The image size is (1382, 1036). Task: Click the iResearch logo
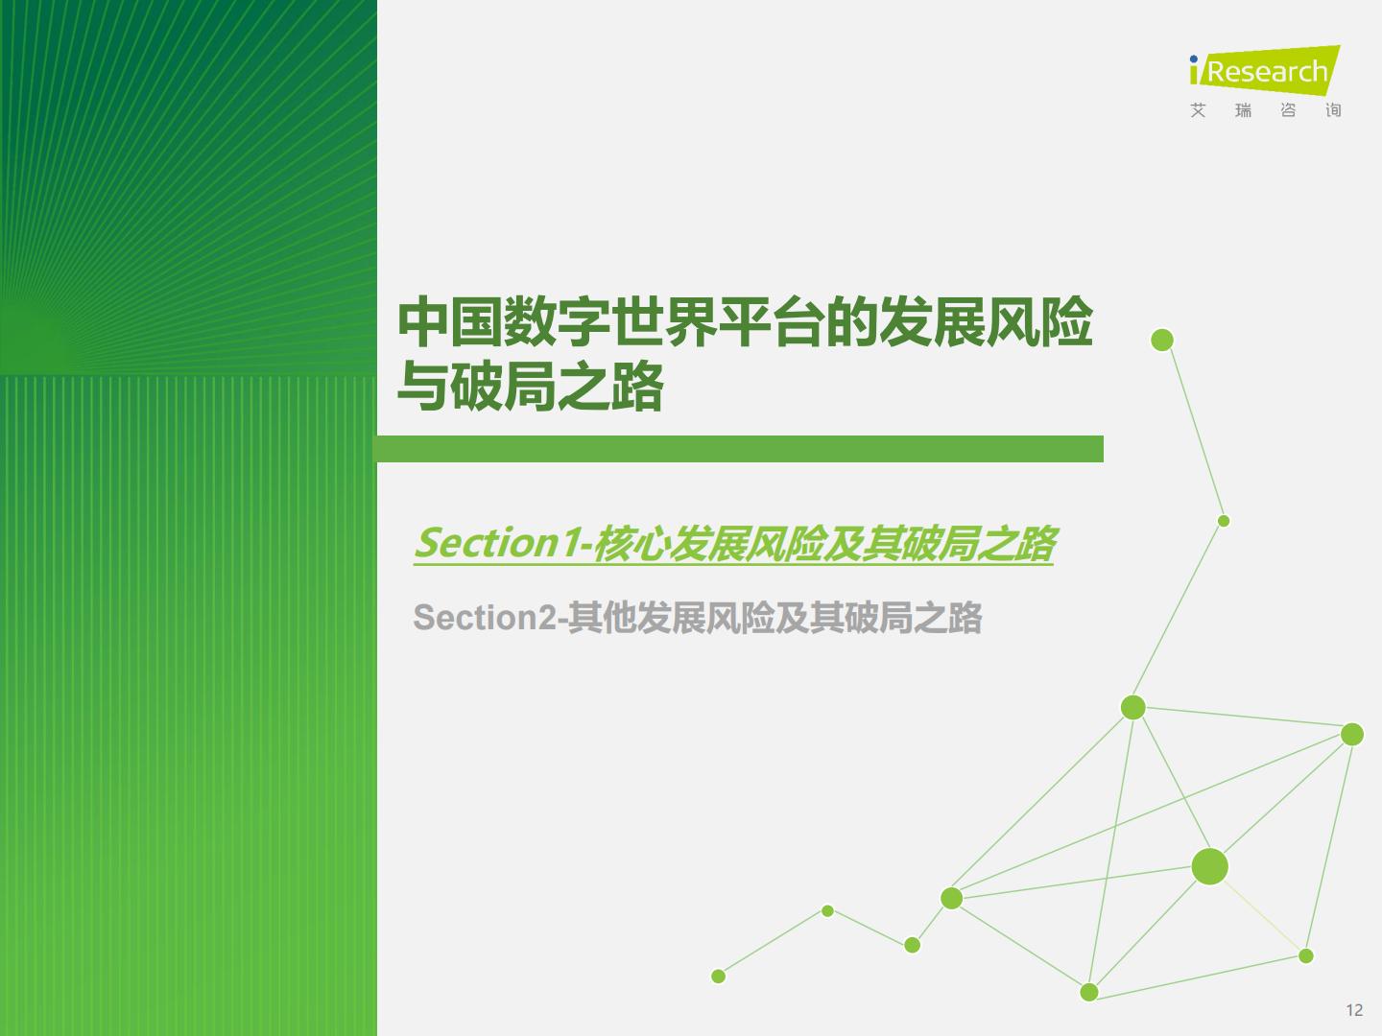(1265, 82)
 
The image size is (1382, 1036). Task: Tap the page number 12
(1354, 1010)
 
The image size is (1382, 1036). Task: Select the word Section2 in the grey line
(486, 617)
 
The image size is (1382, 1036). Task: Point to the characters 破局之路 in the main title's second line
(558, 386)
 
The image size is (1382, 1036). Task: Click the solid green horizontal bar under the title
(738, 449)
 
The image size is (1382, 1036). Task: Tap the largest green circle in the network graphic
(1209, 866)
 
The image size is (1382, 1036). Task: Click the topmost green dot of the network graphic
(1161, 340)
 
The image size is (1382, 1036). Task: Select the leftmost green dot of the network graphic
(719, 977)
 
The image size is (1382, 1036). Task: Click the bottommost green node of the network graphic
(1089, 992)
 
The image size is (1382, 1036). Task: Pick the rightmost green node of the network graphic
(1352, 734)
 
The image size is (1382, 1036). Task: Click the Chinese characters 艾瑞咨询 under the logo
(1266, 110)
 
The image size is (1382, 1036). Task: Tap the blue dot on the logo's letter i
(1194, 59)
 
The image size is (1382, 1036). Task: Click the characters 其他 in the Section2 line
(602, 617)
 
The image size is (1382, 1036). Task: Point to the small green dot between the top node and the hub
(1224, 521)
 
